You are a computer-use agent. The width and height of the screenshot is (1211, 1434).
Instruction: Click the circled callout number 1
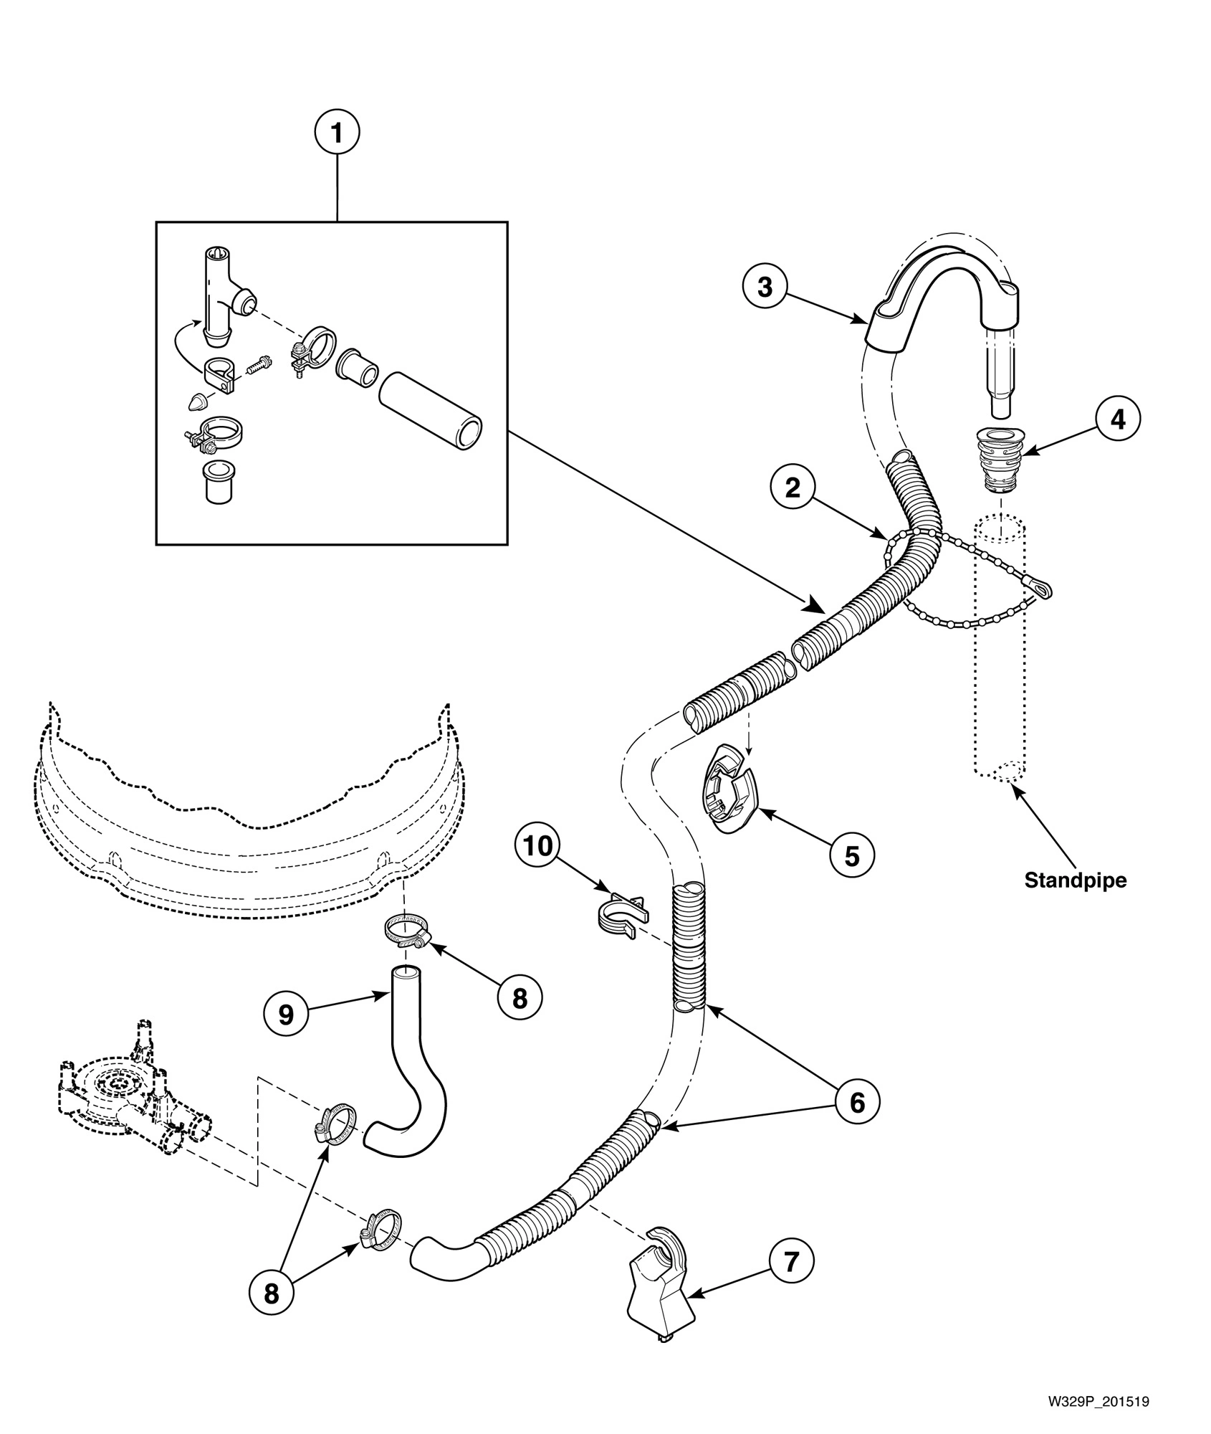pos(337,133)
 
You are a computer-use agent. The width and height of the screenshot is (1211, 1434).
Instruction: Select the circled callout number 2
pos(793,488)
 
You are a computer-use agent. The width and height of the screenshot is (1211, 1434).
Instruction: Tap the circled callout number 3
pos(765,287)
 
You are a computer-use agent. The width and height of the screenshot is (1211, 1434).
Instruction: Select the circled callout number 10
pos(538,847)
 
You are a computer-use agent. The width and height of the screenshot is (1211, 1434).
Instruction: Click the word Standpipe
pos(1075,880)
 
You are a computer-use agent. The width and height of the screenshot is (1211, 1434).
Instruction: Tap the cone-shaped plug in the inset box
pos(198,402)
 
